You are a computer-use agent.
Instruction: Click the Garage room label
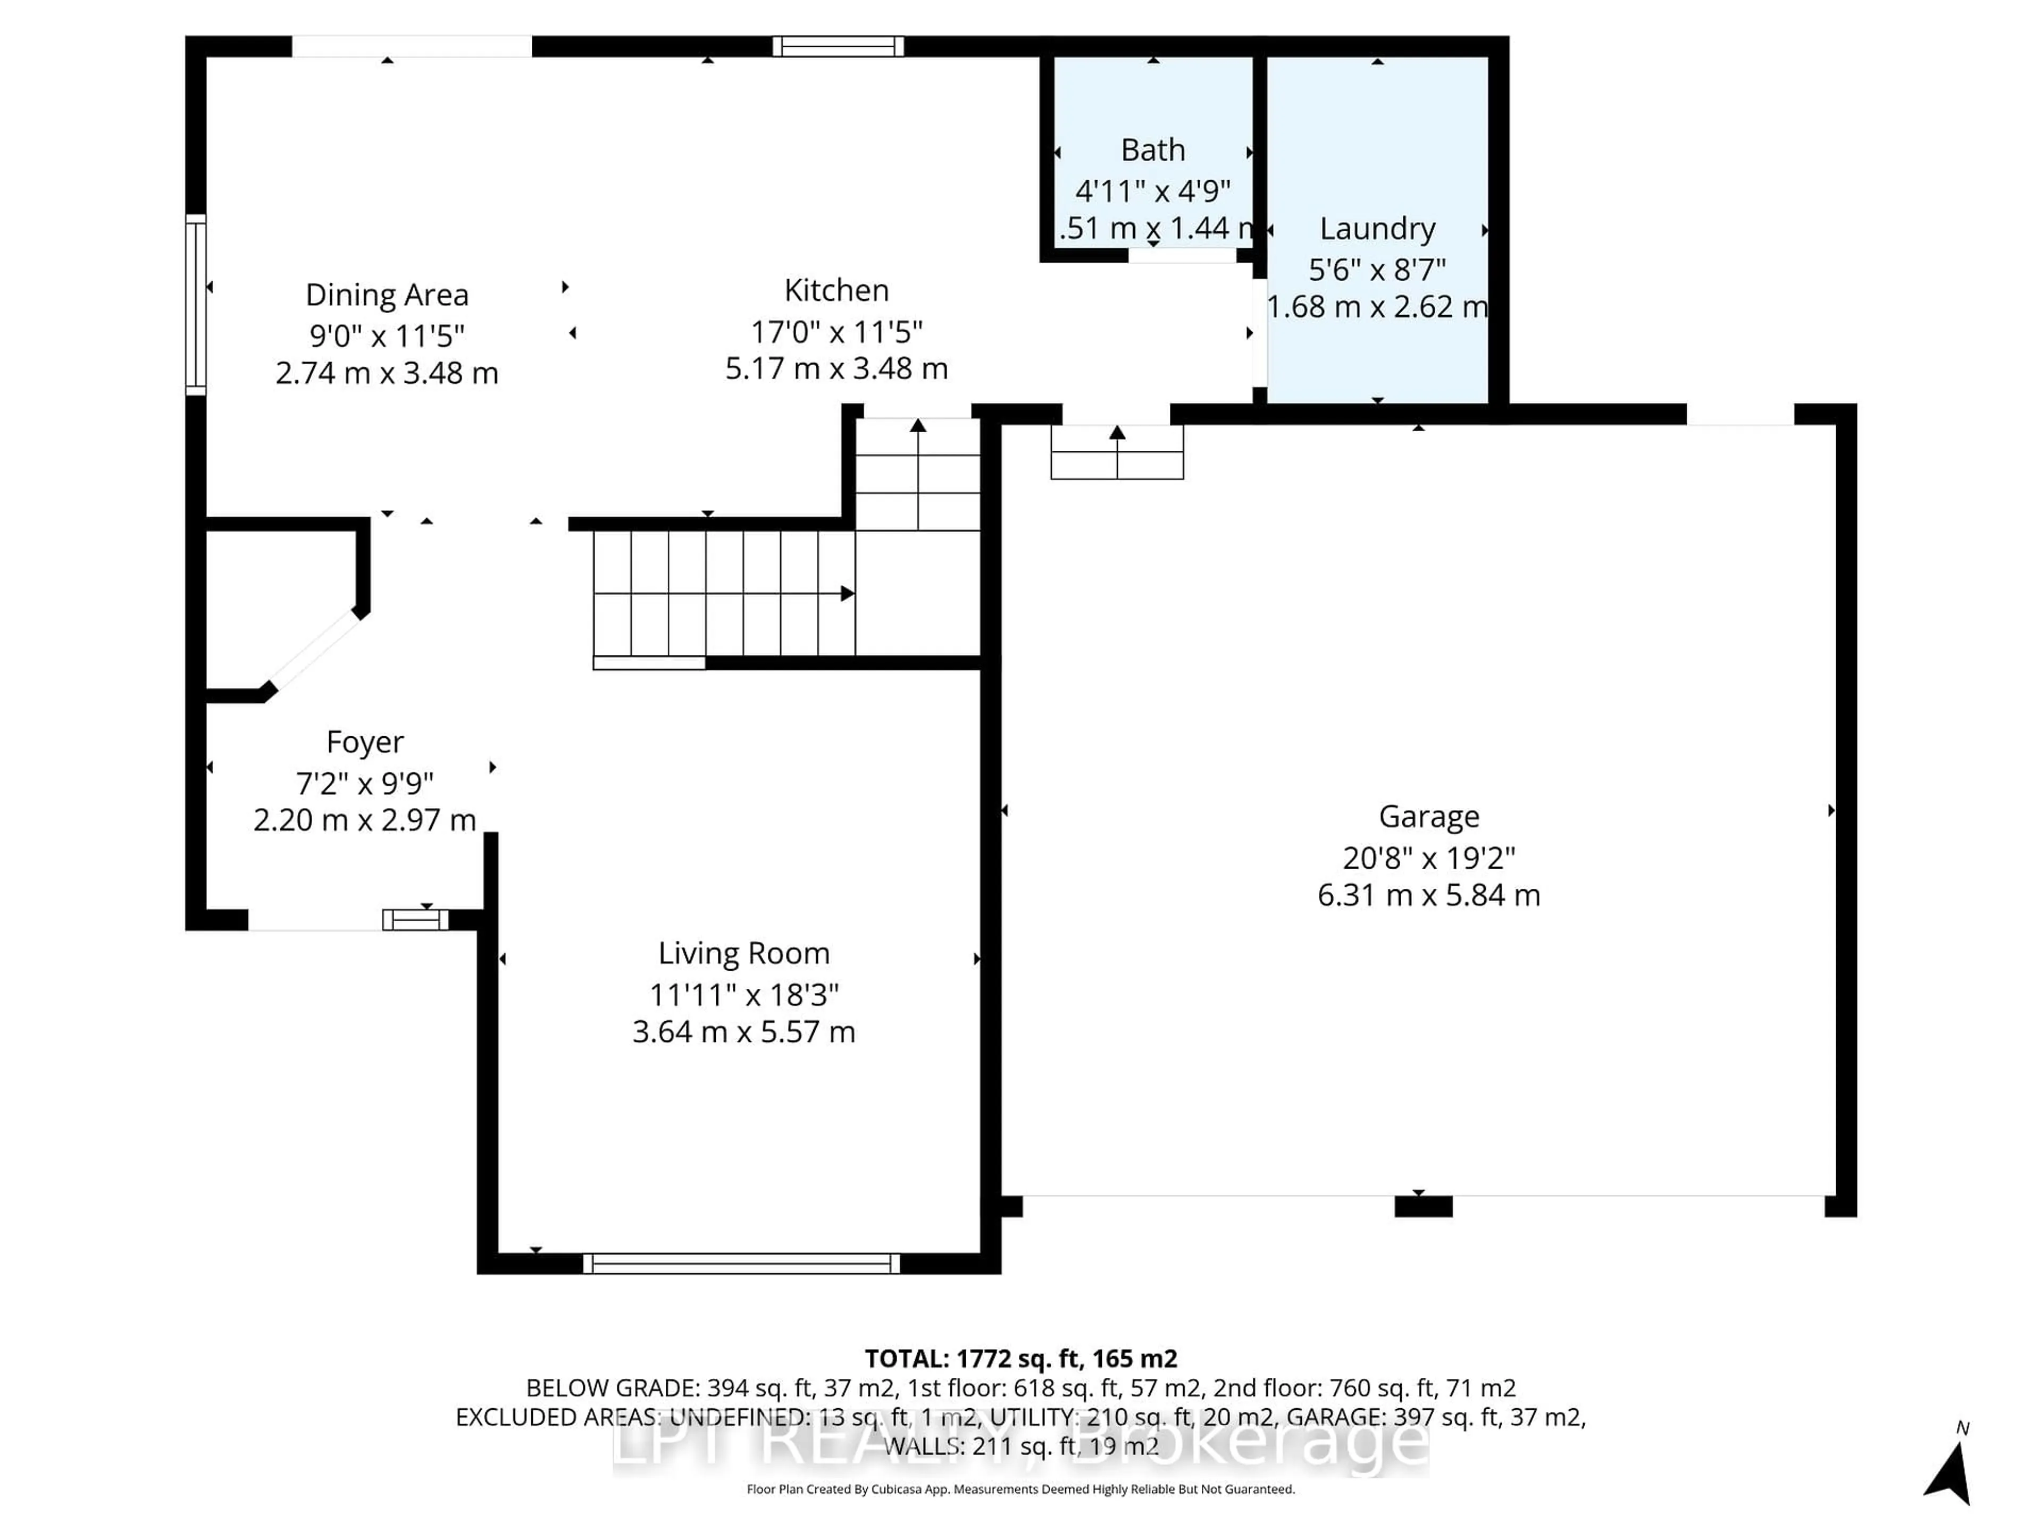pos(1428,817)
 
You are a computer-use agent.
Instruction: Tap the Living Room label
pos(743,953)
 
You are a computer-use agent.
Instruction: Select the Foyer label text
pos(365,742)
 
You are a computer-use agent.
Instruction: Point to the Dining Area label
pos(387,296)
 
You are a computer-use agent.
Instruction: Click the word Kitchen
pos(836,291)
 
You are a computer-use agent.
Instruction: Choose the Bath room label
pos(1152,149)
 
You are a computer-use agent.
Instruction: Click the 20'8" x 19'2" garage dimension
pos(1428,858)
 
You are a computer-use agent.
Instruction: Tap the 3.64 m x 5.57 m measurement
pos(743,1032)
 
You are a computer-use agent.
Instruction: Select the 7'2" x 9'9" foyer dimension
pos(365,784)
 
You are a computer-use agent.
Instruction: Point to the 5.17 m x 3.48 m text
pos(836,369)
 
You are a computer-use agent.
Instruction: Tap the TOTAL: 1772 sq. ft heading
pos(1020,1358)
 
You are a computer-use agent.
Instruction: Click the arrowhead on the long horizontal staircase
pos(847,593)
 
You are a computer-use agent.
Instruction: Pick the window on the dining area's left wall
pos(196,305)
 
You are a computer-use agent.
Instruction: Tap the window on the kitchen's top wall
pos(838,46)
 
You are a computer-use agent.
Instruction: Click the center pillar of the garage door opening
pos(1422,1206)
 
